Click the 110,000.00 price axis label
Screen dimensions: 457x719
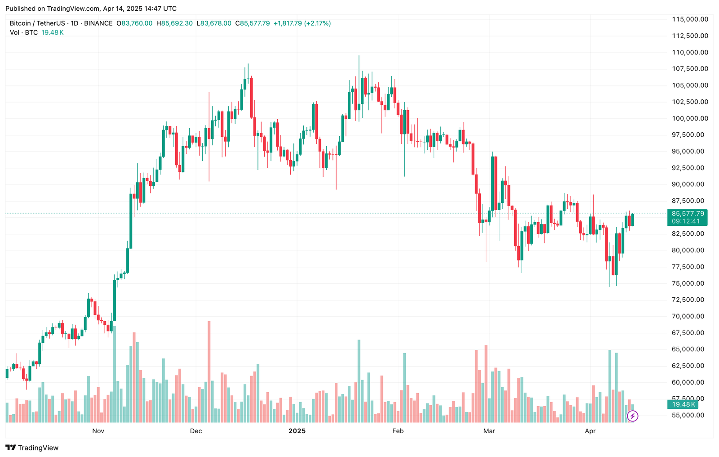click(x=690, y=53)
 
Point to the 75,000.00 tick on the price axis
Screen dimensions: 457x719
click(x=688, y=283)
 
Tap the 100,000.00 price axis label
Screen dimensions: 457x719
click(x=690, y=118)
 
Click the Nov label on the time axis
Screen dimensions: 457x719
click(x=98, y=431)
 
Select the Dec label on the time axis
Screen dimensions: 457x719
click(x=196, y=431)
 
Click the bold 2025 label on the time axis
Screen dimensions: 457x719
click(x=297, y=431)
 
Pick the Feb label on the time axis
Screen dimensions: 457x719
click(x=398, y=431)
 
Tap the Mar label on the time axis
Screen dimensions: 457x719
click(x=489, y=431)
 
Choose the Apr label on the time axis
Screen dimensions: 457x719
click(x=590, y=431)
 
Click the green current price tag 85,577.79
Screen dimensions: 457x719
click(x=688, y=214)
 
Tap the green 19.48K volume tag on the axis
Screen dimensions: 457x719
click(x=683, y=404)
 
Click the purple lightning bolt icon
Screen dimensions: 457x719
click(x=632, y=416)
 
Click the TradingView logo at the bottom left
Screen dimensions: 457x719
click(x=32, y=448)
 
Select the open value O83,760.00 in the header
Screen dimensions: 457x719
click(x=134, y=23)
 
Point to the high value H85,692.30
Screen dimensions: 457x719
click(x=174, y=23)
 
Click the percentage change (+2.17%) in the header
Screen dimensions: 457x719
click(x=317, y=23)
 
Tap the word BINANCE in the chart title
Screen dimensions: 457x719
click(x=98, y=23)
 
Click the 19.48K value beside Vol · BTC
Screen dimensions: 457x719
click(x=53, y=32)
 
